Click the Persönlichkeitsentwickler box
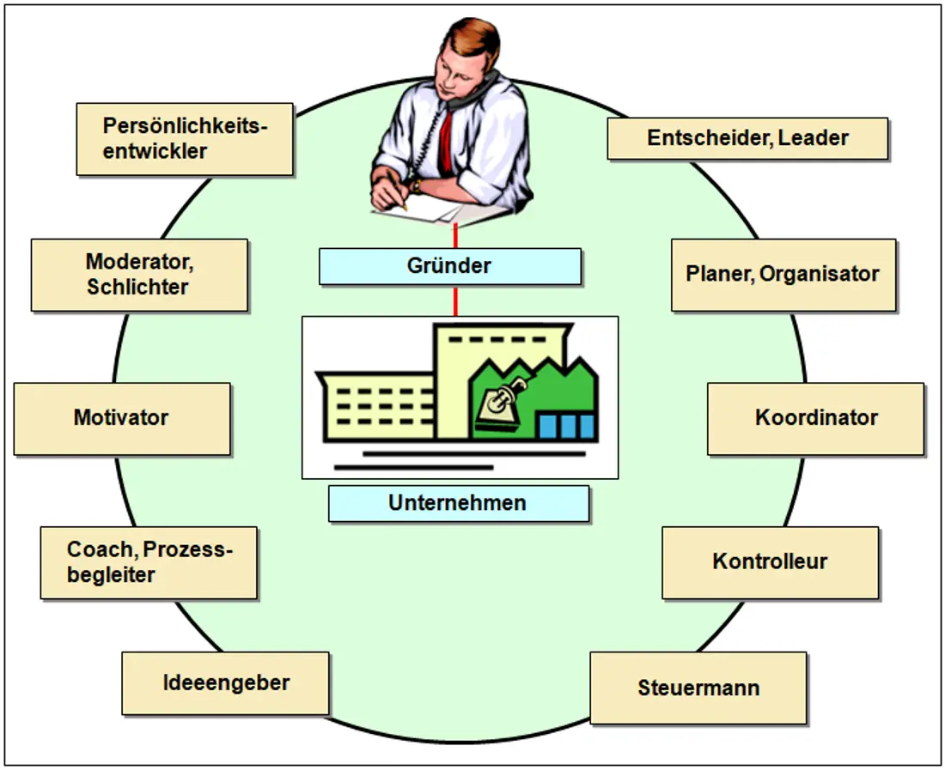coord(185,139)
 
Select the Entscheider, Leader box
coord(747,138)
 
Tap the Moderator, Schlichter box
coord(139,276)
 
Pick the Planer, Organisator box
coord(783,276)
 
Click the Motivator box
coord(122,418)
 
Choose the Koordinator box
coord(815,418)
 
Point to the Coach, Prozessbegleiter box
coord(149,563)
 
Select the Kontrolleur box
coord(771,563)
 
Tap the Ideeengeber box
coord(225,683)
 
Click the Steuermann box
coord(698,688)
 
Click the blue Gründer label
coord(450,266)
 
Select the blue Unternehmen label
coord(459,503)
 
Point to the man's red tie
coord(446,142)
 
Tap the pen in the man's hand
coord(397,189)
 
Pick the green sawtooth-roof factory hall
coord(533,398)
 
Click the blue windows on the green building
coord(566,427)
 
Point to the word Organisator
coord(819,274)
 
